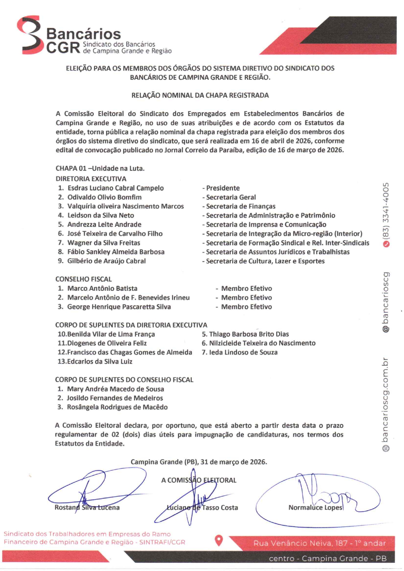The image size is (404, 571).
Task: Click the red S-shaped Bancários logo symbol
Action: [x=30, y=35]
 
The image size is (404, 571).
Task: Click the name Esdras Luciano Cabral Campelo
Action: [x=115, y=188]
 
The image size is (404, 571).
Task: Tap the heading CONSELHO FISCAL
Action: [x=83, y=279]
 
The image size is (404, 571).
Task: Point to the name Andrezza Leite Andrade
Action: [x=104, y=224]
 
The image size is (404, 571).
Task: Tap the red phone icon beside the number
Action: [x=386, y=244]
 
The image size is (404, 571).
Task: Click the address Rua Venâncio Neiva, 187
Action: [x=319, y=543]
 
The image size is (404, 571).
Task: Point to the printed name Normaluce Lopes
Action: [x=315, y=507]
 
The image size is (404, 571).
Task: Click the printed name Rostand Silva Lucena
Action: [x=87, y=507]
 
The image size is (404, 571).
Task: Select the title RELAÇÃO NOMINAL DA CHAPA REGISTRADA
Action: [x=200, y=95]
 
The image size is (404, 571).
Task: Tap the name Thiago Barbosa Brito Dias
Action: [x=249, y=334]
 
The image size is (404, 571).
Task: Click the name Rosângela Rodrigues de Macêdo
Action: [x=117, y=407]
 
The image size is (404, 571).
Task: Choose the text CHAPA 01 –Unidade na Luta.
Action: [x=100, y=168]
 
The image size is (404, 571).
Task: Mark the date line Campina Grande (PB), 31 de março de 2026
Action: [x=199, y=462]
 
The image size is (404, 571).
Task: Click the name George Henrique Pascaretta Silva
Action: [x=119, y=307]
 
